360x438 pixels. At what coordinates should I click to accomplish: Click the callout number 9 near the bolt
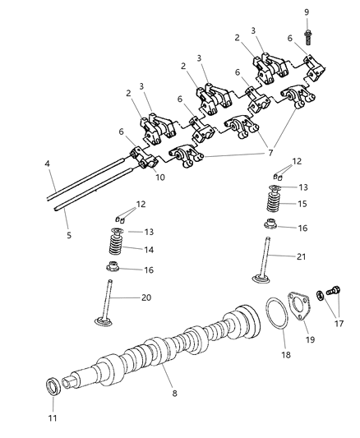tap(307, 12)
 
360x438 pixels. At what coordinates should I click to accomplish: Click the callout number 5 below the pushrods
tap(69, 236)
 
